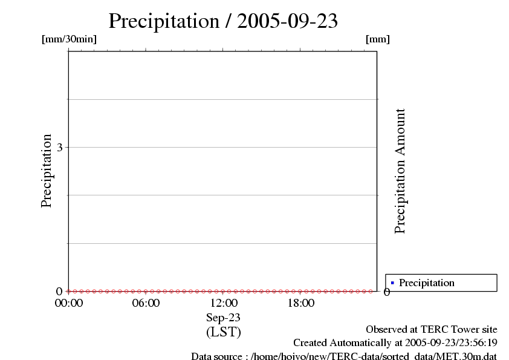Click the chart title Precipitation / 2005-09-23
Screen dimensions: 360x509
point(223,21)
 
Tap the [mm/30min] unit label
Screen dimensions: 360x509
point(69,39)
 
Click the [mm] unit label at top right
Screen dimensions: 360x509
point(378,39)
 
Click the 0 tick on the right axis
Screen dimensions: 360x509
point(387,292)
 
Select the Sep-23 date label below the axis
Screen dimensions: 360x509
point(223,318)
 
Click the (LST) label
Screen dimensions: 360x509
point(223,332)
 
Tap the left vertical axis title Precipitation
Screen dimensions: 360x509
point(47,171)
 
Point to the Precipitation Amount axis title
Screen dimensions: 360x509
point(400,171)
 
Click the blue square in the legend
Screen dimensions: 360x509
point(392,283)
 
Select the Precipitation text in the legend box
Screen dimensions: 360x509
point(427,283)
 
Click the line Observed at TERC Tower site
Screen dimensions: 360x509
point(432,330)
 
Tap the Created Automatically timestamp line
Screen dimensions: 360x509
point(395,343)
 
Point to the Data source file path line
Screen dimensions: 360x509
point(344,356)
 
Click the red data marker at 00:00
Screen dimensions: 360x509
point(68,291)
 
